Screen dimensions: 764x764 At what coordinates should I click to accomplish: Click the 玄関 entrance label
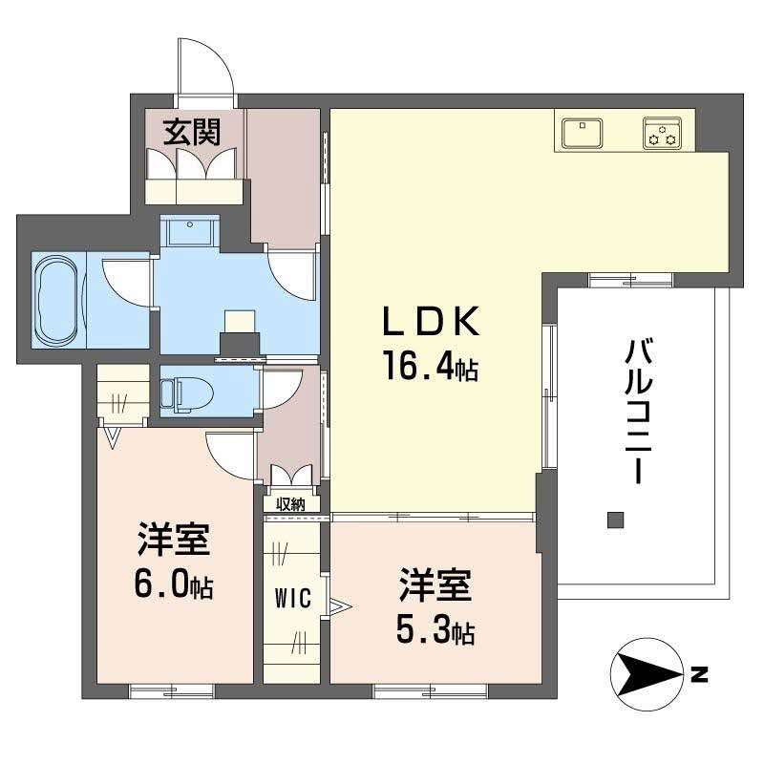click(x=191, y=132)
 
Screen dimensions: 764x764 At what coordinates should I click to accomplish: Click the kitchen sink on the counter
click(x=582, y=132)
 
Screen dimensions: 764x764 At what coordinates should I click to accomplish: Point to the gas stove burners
click(x=662, y=134)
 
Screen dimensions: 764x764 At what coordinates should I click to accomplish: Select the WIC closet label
click(x=292, y=599)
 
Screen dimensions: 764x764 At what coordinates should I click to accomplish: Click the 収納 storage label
click(x=290, y=504)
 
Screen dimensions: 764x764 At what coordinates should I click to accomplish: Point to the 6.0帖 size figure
click(x=172, y=584)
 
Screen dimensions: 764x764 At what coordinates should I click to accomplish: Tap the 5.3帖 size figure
click(x=435, y=629)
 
